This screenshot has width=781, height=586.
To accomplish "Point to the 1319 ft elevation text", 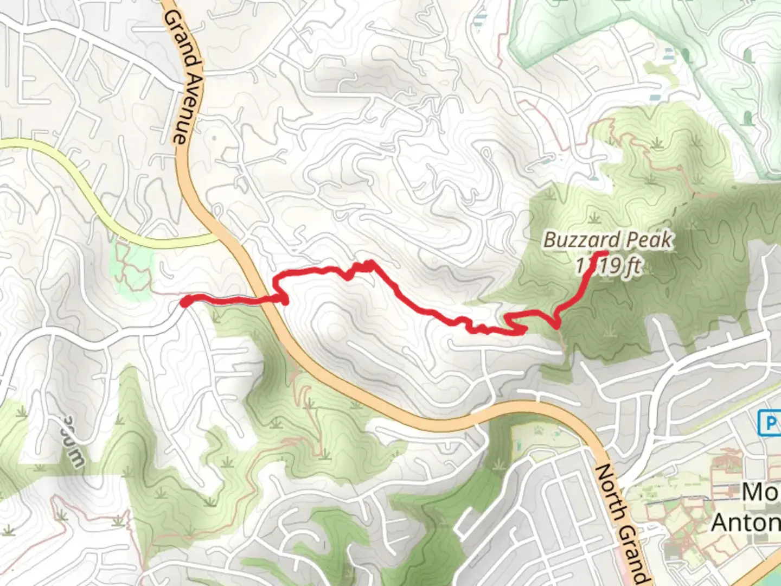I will (609, 266).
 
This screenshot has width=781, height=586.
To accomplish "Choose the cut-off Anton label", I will (746, 523).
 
